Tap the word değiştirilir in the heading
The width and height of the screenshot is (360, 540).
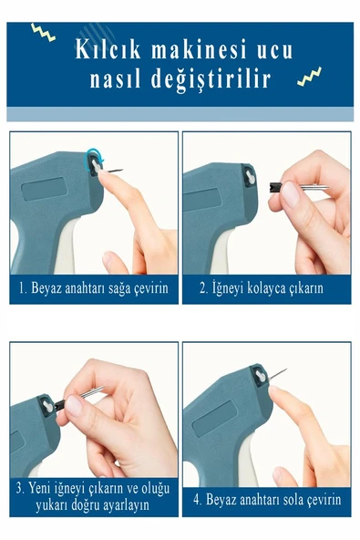[215, 80]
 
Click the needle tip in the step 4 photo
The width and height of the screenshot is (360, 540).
[285, 369]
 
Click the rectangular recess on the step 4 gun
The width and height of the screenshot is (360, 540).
[212, 421]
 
